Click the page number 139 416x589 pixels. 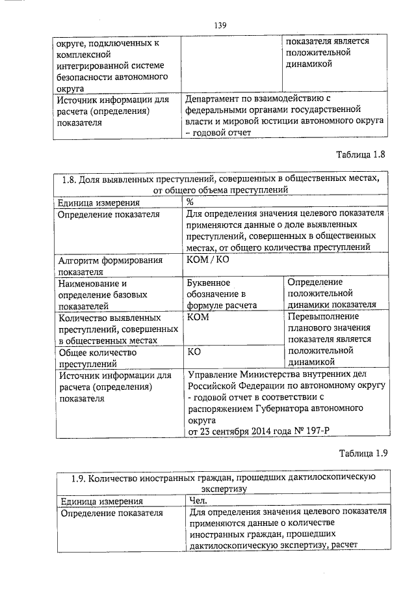220,25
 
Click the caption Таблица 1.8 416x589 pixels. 362,156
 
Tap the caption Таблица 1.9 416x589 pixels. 363,454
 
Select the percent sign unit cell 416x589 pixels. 190,202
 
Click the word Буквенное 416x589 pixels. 209,283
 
